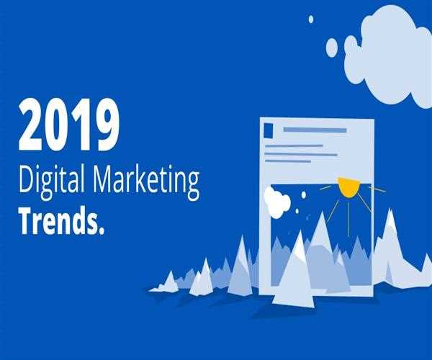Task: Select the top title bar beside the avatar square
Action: [315, 130]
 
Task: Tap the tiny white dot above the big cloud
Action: [311, 19]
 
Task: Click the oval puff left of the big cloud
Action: [332, 47]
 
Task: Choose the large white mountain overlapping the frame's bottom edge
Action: [295, 270]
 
